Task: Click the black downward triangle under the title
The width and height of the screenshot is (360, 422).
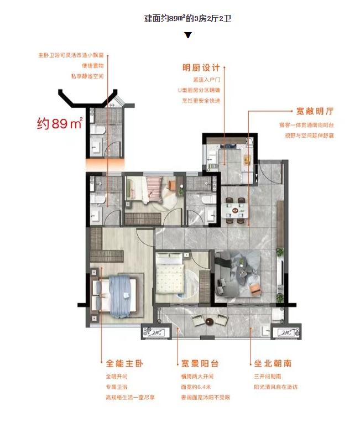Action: click(x=188, y=35)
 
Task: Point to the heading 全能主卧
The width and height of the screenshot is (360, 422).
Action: click(x=124, y=363)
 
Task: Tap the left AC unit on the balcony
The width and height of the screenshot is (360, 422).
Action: click(x=154, y=332)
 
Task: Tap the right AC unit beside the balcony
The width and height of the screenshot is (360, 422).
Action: click(x=286, y=332)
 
